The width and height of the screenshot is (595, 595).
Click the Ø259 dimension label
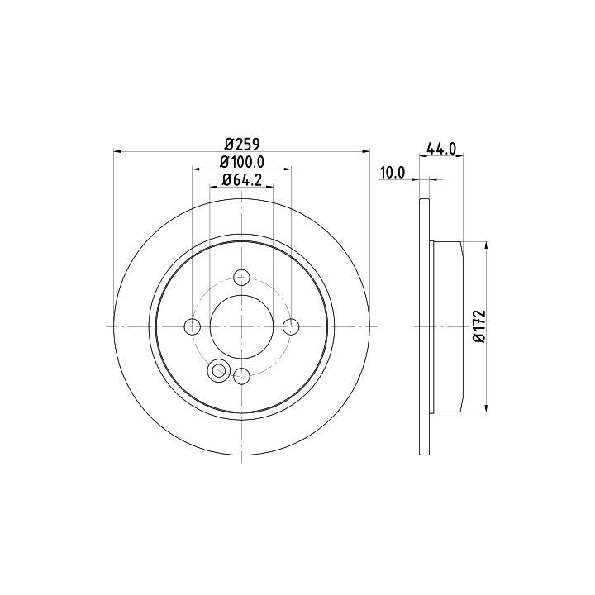coord(241,144)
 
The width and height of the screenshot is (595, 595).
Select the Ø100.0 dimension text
coord(241,162)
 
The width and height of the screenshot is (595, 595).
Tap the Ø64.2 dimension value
coord(241,180)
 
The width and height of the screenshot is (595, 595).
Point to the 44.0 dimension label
coord(441,148)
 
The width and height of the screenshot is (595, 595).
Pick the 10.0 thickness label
coord(393,173)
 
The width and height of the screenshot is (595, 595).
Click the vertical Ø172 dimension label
coord(479,326)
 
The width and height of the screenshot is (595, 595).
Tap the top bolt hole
coord(241,277)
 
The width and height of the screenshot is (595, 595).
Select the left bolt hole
coord(192,326)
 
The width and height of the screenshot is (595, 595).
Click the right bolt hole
coord(291,326)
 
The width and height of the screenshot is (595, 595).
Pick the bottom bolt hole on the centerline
coord(241,376)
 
